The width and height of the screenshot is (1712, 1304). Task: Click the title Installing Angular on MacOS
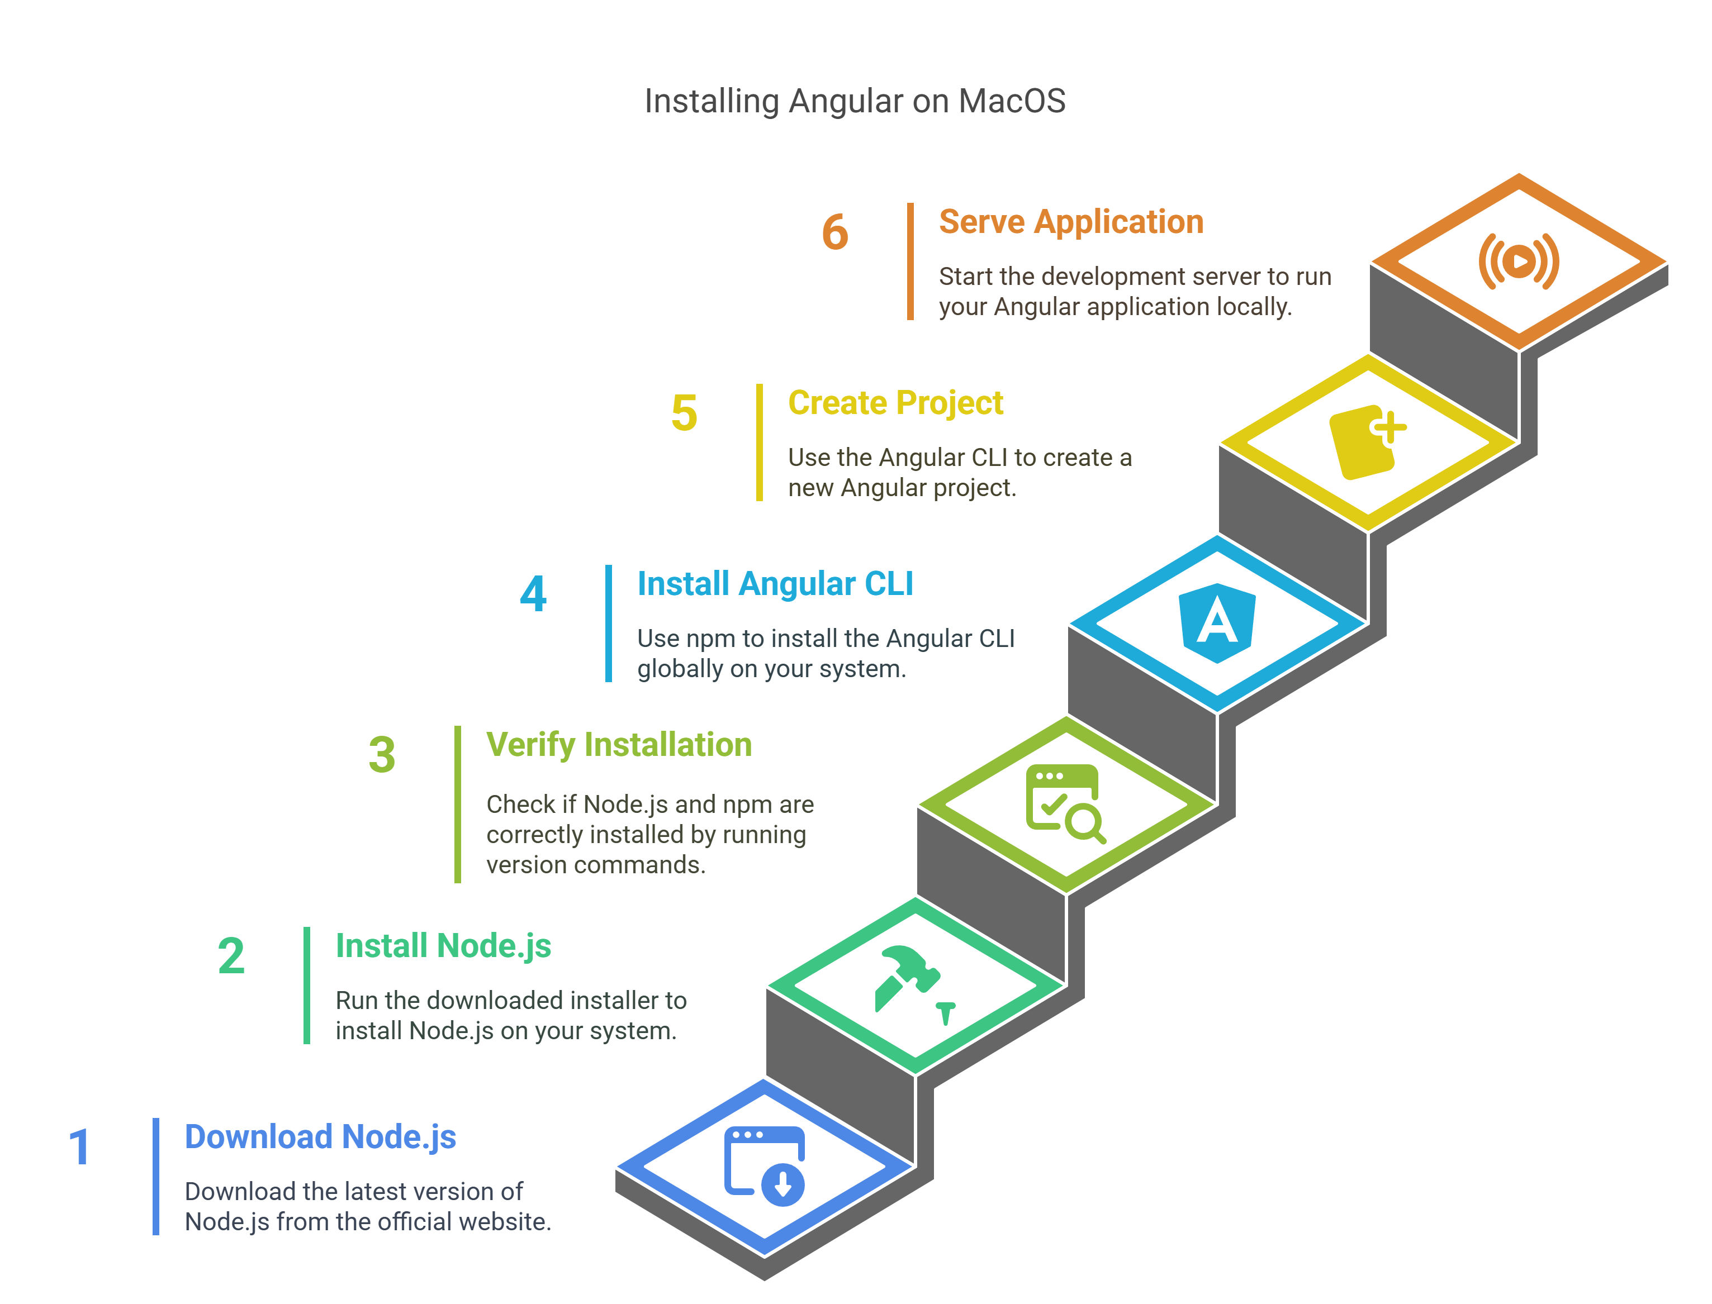point(854,102)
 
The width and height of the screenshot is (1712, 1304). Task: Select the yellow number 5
point(684,413)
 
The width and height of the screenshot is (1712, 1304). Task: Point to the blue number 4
point(533,594)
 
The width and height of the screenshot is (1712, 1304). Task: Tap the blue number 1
point(80,1147)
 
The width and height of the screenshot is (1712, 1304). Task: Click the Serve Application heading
point(1071,222)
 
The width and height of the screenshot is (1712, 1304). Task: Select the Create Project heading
point(895,403)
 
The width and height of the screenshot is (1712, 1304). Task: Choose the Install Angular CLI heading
point(775,584)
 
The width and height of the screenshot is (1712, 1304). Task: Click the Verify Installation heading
point(619,745)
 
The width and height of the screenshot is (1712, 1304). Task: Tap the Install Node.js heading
point(443,946)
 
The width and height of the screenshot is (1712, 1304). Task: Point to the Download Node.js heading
point(320,1137)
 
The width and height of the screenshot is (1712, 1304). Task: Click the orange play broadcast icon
point(1519,261)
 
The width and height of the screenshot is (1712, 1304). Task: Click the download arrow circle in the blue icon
point(783,1184)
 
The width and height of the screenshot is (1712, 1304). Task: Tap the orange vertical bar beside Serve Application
point(910,261)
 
